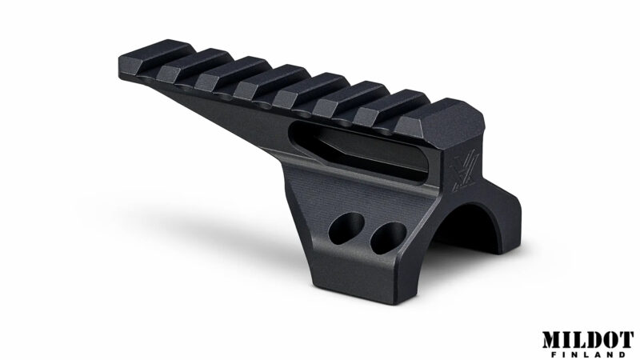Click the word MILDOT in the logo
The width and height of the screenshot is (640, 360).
pos(588,339)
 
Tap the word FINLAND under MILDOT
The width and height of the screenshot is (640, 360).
pos(589,354)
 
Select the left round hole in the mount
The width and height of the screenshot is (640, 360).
pos(346,228)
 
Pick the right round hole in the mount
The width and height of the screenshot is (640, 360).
pos(388,238)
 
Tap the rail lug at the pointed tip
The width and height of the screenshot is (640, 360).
pos(157,57)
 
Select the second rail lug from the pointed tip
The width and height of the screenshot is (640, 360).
pos(195,66)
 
